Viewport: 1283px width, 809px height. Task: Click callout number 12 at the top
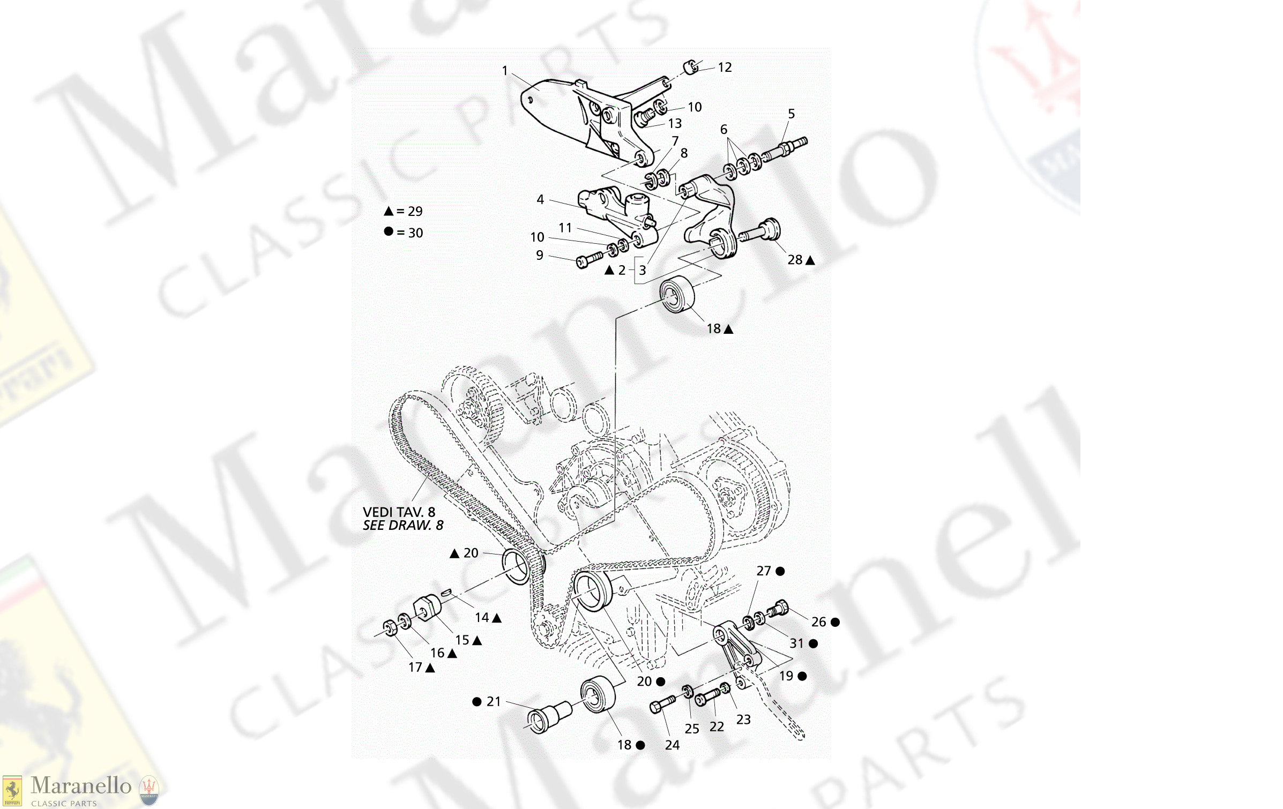tap(725, 68)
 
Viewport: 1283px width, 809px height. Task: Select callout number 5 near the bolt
tap(791, 114)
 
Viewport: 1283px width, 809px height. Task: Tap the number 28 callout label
tap(795, 260)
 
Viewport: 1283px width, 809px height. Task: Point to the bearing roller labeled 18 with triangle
tap(677, 294)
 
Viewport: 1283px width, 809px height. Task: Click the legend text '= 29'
tap(409, 212)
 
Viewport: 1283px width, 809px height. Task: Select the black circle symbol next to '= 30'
tap(389, 231)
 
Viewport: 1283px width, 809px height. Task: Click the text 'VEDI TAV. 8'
tap(399, 512)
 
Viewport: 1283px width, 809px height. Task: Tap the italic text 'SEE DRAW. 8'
tap(403, 526)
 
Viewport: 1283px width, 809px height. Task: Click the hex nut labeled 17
tap(390, 627)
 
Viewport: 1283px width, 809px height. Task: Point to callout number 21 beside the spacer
tap(494, 702)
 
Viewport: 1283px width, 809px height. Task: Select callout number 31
tap(796, 643)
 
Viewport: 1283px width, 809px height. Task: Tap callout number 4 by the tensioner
tap(540, 200)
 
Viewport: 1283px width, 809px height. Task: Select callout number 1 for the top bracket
tap(504, 71)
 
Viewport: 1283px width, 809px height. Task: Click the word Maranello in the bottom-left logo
tap(81, 786)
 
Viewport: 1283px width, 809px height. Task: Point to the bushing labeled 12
tap(691, 68)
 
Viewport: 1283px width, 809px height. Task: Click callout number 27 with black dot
tap(764, 571)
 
